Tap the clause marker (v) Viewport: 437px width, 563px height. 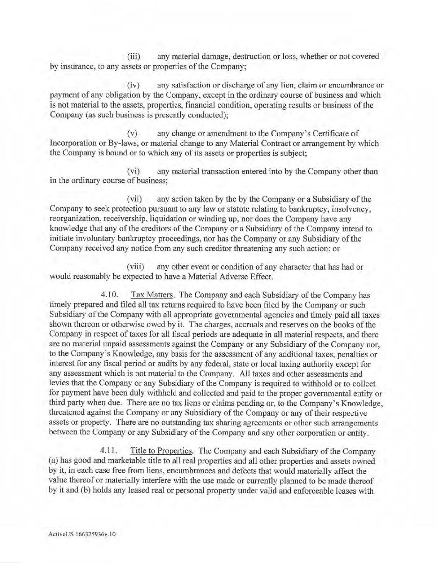click(x=133, y=134)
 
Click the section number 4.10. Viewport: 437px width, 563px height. click(x=108, y=295)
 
